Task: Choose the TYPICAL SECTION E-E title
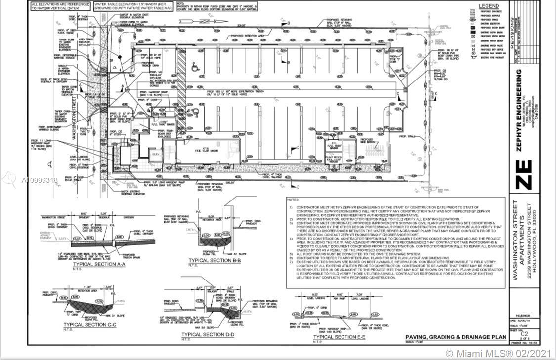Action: tap(338, 336)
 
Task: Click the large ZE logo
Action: tap(524, 175)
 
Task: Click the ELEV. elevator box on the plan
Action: tap(155, 155)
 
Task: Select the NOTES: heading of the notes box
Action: tap(294, 200)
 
